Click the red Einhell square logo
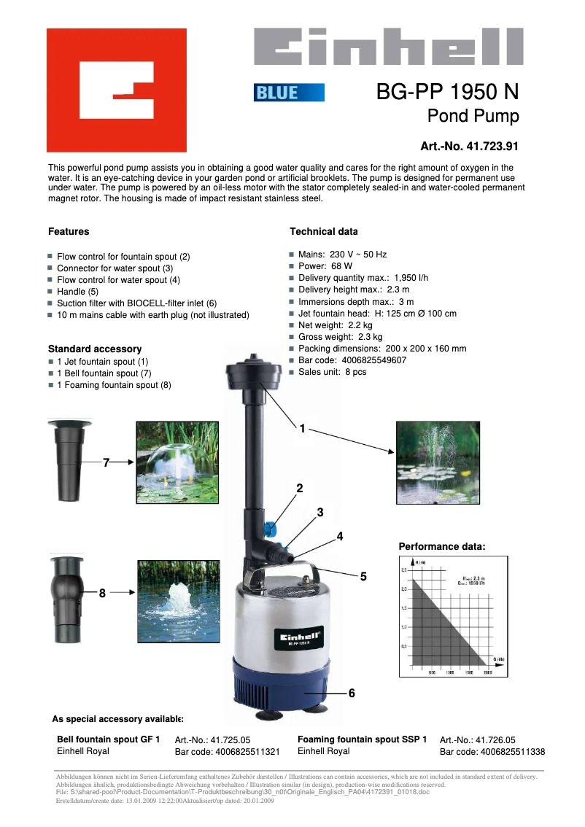pyautogui.click(x=117, y=90)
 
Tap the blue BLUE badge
pyautogui.click(x=289, y=93)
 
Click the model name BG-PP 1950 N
pyautogui.click(x=447, y=92)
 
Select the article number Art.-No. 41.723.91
pyautogui.click(x=469, y=146)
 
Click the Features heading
pyautogui.click(x=69, y=232)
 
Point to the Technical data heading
pyautogui.click(x=324, y=232)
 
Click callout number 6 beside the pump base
pyautogui.click(x=352, y=693)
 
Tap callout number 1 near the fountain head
pyautogui.click(x=302, y=429)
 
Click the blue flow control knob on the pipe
pyautogui.click(x=271, y=527)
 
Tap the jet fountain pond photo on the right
pyautogui.click(x=438, y=462)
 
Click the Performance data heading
pyautogui.click(x=442, y=547)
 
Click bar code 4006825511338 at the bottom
pyautogui.click(x=492, y=752)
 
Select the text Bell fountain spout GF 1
pyautogui.click(x=108, y=739)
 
